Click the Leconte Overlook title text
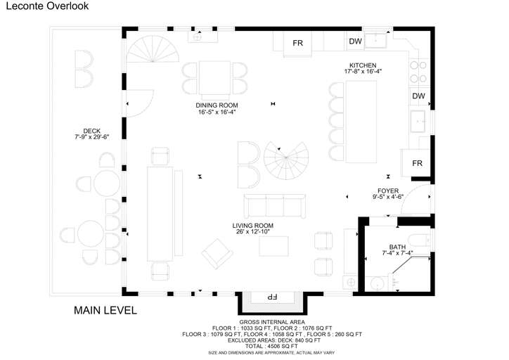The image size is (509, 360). (47, 6)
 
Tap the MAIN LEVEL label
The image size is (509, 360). (105, 310)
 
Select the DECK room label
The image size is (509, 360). (92, 131)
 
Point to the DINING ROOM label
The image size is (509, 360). (217, 105)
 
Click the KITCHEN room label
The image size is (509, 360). (363, 65)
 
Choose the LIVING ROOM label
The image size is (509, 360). (253, 226)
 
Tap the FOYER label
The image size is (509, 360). (388, 191)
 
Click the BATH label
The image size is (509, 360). (397, 247)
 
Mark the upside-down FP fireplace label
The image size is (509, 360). (271, 297)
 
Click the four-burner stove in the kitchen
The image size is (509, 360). (418, 72)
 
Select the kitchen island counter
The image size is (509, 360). (361, 122)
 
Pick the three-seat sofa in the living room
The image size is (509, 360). (275, 206)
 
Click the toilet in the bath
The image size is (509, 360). (419, 240)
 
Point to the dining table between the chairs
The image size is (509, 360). (214, 78)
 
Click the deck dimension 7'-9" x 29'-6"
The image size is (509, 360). (92, 137)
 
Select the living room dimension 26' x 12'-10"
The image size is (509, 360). (253, 232)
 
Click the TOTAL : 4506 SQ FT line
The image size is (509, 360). (271, 347)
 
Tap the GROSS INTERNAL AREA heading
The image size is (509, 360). (272, 322)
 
